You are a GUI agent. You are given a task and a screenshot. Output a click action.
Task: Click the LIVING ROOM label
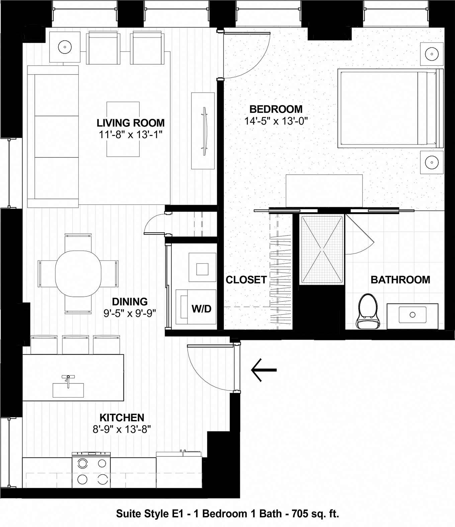(x=130, y=123)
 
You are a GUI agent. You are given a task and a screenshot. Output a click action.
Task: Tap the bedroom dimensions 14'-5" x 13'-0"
(x=276, y=121)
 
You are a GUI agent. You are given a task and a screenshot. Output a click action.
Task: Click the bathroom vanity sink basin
(x=412, y=315)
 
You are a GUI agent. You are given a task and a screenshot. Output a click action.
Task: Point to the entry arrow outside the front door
(x=264, y=370)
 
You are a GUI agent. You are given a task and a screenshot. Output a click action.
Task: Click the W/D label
(x=201, y=309)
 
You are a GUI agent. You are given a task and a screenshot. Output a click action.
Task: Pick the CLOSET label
(x=246, y=280)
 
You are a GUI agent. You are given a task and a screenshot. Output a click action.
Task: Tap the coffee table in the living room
(x=123, y=129)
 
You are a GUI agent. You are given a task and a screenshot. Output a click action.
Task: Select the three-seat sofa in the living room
(x=54, y=136)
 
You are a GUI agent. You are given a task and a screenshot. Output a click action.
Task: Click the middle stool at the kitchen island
(x=75, y=345)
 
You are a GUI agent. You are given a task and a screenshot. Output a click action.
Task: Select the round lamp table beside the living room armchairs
(x=65, y=47)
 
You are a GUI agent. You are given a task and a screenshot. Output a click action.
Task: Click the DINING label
(x=130, y=301)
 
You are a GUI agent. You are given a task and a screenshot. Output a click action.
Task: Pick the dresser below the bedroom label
(x=324, y=190)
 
